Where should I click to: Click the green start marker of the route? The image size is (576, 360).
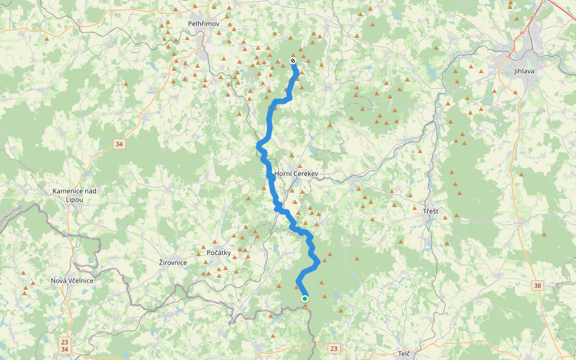(305, 298)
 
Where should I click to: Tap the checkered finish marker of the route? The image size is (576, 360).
(293, 61)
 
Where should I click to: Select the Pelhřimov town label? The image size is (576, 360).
(204, 23)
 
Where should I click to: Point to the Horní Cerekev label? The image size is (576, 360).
(295, 174)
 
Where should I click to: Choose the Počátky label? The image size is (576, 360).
(218, 253)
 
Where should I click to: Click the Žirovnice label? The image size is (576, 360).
(173, 262)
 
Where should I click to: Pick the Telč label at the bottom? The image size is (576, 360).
(403, 354)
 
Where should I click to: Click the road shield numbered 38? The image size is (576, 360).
(537, 285)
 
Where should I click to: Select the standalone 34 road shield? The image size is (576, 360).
(119, 144)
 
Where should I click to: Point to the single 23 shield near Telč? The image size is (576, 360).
(334, 348)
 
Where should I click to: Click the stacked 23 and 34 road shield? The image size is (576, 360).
(65, 345)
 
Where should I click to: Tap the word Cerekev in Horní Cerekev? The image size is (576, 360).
(304, 174)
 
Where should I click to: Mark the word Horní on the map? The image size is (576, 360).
(282, 174)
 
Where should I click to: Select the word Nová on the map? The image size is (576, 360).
(59, 281)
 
